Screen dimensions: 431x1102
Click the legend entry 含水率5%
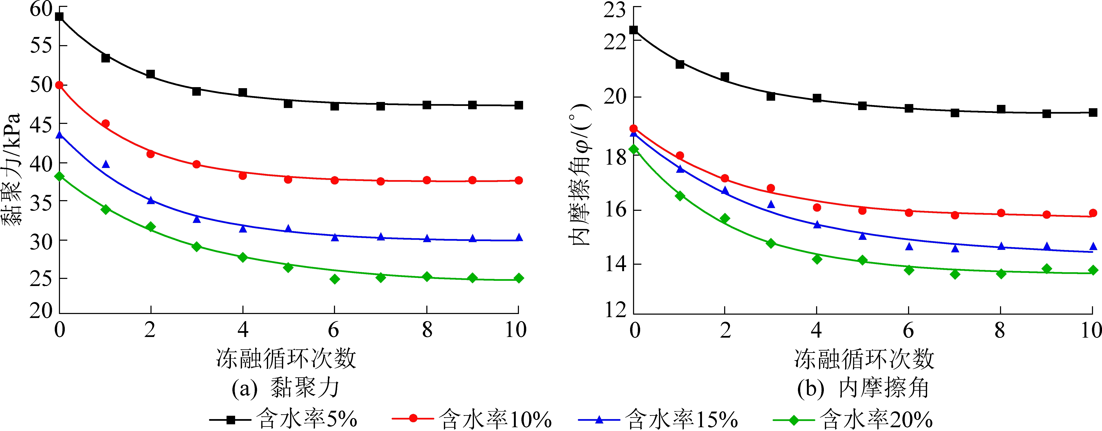pyautogui.click(x=283, y=419)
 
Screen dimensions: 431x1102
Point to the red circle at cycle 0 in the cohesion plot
pyautogui.click(x=60, y=85)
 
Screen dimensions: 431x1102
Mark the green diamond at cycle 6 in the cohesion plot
pyautogui.click(x=335, y=279)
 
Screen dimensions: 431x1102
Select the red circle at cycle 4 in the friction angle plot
pyautogui.click(x=817, y=207)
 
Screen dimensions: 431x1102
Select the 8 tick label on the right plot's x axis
pyautogui.click(x=1000, y=330)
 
